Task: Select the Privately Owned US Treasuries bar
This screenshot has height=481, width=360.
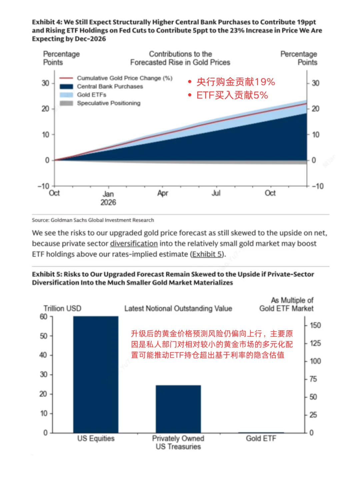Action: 178,409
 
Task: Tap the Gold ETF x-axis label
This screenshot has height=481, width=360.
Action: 261,438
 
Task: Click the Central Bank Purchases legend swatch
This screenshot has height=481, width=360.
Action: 66,86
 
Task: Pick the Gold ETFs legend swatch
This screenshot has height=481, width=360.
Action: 66,95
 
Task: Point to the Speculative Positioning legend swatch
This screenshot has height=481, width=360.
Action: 66,103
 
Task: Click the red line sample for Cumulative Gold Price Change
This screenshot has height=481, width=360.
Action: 66,78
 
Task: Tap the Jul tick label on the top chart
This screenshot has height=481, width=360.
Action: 216,193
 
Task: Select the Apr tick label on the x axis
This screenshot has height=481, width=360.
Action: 163,193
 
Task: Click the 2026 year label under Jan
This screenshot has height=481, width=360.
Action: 108,202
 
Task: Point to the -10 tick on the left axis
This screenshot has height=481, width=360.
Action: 44,186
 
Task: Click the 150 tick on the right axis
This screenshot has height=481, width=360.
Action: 315,325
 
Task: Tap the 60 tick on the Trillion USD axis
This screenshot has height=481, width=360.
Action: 44,317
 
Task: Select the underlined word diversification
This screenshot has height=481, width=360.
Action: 134,244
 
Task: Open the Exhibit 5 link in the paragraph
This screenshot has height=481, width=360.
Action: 207,254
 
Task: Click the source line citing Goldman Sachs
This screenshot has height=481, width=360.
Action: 93,220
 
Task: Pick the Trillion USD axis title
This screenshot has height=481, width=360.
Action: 62,308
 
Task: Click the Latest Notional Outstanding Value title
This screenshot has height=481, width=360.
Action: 178,308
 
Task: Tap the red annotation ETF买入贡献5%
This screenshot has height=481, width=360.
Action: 232,95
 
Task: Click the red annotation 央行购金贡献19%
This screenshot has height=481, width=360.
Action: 236,82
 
